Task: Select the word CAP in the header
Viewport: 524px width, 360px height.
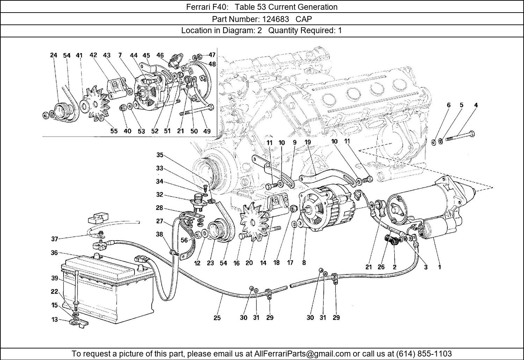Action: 304,19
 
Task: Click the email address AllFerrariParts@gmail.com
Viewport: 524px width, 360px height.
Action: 306,353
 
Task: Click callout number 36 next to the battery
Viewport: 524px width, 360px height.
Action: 54,253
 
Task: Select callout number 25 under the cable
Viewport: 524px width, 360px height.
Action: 217,318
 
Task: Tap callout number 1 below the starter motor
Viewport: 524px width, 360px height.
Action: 439,267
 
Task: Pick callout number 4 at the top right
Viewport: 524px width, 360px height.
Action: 476,105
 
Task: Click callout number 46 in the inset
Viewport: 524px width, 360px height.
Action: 160,55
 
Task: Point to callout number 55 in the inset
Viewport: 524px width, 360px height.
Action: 114,131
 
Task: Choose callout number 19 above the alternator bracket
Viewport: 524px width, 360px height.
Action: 307,142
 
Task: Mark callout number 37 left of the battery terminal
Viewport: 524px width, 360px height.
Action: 54,239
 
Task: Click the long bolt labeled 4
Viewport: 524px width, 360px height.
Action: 458,137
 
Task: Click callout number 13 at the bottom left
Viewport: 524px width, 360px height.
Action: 54,319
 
